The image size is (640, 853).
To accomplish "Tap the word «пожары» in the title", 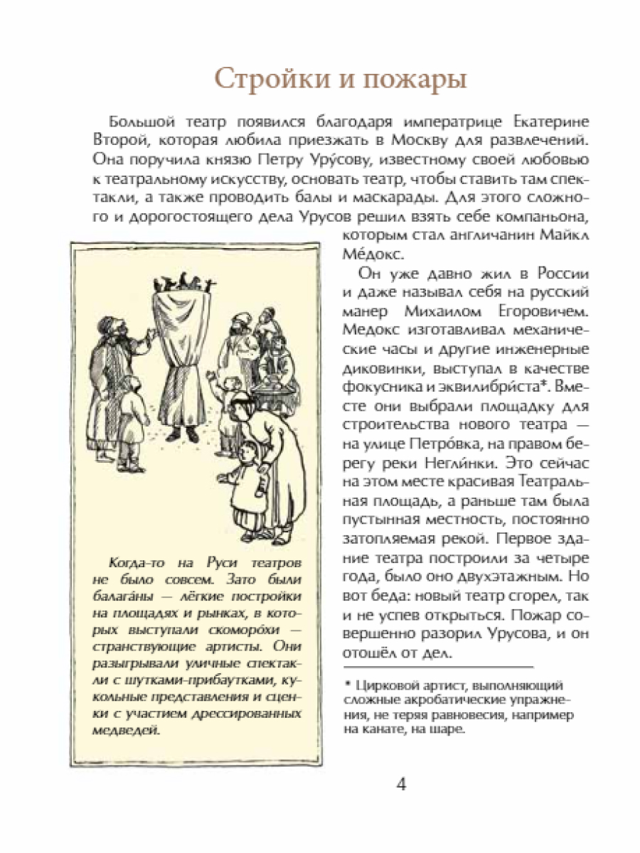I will (x=412, y=80).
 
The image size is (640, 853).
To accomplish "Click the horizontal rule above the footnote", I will (x=437, y=667).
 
